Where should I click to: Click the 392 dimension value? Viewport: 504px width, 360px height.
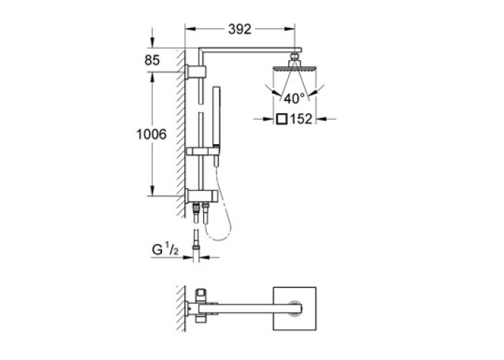pyautogui.click(x=240, y=30)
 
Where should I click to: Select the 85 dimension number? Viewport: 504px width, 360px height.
pyautogui.click(x=152, y=60)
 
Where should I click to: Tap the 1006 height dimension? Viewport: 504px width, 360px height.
pyautogui.click(x=152, y=134)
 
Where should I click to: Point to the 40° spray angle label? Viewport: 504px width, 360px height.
pyautogui.click(x=294, y=99)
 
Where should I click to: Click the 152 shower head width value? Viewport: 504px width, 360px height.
pyautogui.click(x=301, y=120)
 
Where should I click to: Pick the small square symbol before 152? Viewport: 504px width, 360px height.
pyautogui.click(x=282, y=120)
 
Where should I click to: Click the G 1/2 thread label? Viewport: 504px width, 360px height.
pyautogui.click(x=165, y=249)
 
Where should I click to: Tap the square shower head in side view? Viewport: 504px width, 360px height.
pyautogui.click(x=294, y=68)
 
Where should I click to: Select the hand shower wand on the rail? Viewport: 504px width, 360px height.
pyautogui.click(x=216, y=125)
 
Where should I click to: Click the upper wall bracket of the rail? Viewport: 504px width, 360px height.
pyautogui.click(x=195, y=72)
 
